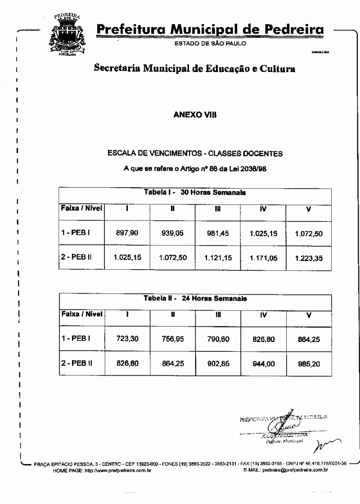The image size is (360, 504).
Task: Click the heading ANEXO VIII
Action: click(x=195, y=115)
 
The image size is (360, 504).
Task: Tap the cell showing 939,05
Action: click(x=173, y=234)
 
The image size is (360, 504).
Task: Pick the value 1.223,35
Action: click(x=309, y=259)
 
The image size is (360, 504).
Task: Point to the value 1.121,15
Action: click(x=218, y=258)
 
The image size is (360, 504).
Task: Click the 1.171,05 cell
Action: click(x=263, y=258)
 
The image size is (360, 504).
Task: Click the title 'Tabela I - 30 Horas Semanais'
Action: click(x=195, y=192)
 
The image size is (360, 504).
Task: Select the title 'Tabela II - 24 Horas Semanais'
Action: click(x=195, y=298)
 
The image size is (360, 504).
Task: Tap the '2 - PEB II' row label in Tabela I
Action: click(x=76, y=257)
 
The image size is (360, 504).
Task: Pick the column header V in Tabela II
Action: click(x=309, y=315)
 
